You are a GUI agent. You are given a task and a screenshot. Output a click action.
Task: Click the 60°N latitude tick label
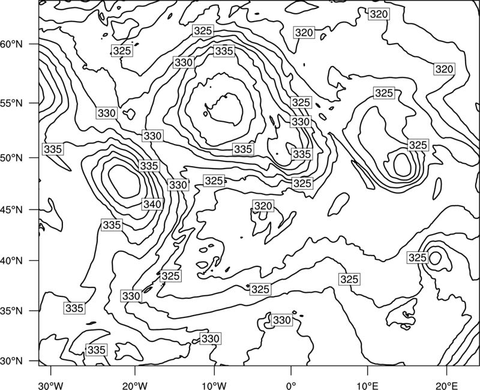click(x=11, y=44)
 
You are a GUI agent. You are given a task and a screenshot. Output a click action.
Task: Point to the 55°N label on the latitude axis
click(x=11, y=103)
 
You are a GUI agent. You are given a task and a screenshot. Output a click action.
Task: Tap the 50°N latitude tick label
click(x=11, y=158)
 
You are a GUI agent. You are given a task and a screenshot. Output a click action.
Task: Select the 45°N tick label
click(x=11, y=209)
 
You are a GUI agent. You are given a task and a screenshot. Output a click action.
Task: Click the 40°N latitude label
click(x=11, y=261)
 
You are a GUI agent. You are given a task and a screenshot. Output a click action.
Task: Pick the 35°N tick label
click(x=11, y=311)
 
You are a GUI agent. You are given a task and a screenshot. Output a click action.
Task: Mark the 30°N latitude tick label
click(x=11, y=361)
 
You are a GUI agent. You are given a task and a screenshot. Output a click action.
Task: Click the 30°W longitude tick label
click(x=51, y=386)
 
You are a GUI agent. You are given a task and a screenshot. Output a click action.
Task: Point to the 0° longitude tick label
click(x=291, y=386)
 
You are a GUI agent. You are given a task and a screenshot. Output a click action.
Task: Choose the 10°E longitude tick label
click(x=367, y=386)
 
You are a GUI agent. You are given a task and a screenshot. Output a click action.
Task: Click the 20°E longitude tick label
click(x=446, y=386)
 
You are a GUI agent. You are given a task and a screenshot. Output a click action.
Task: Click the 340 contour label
click(x=152, y=204)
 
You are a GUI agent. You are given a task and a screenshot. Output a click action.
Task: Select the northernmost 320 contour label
click(x=379, y=14)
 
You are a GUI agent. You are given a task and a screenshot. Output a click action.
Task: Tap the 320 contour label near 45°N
click(x=263, y=206)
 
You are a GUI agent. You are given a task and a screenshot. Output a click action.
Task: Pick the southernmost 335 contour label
click(x=97, y=350)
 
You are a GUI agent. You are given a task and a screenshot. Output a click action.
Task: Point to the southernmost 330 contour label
click(x=211, y=338)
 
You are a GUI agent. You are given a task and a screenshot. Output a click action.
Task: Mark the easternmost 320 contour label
click(x=444, y=69)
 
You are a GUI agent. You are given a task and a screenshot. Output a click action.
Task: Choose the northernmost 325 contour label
click(x=203, y=31)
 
